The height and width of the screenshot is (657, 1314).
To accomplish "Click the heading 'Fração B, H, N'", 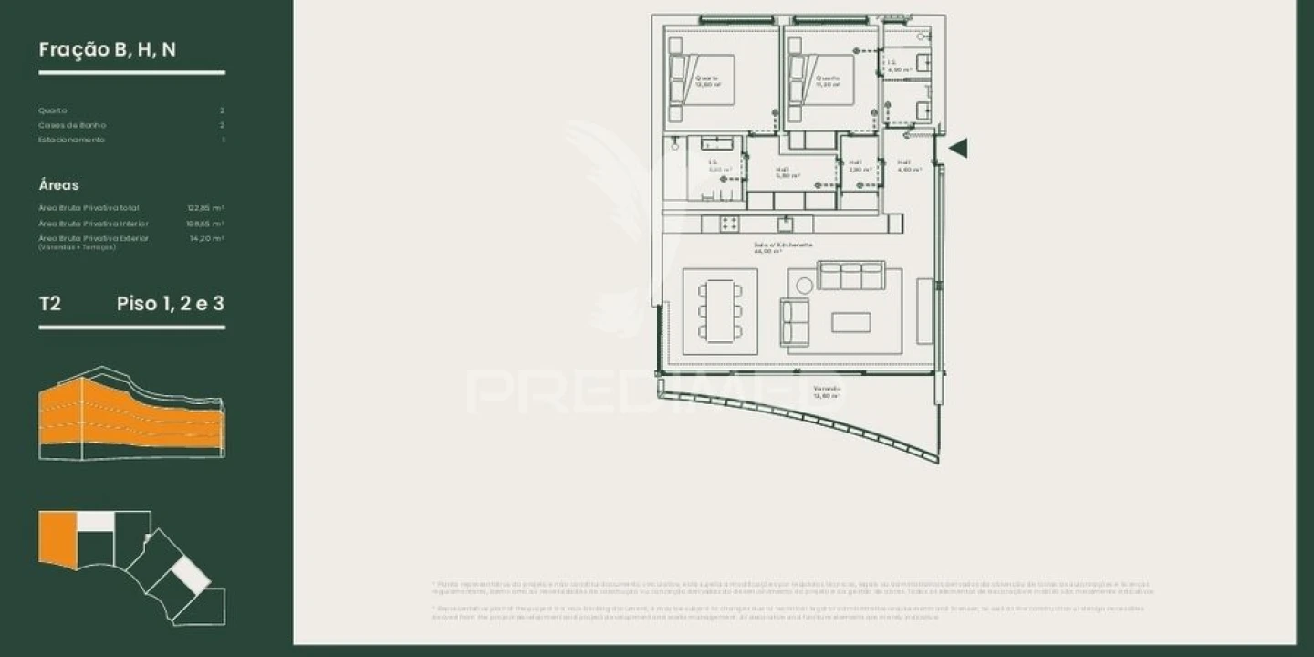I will (108, 50).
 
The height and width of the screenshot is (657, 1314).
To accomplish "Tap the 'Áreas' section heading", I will (59, 185).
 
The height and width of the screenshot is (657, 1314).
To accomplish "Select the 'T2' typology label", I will (50, 304).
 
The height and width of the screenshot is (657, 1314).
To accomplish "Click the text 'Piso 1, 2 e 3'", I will (171, 304).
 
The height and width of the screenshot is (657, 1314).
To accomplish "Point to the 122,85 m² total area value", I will (205, 208).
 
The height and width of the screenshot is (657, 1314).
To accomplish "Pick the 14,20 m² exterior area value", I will (206, 238).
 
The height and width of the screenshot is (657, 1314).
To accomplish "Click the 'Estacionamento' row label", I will (72, 140).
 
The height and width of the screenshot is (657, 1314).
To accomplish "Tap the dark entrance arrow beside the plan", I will (958, 148).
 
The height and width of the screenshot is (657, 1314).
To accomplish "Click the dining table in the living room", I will (721, 311).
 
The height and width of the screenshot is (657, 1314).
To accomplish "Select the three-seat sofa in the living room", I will (850, 276).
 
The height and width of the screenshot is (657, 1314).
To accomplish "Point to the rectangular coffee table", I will (850, 322).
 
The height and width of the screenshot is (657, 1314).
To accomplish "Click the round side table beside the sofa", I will (804, 286).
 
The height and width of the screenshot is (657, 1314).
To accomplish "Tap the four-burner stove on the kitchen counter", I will (729, 224).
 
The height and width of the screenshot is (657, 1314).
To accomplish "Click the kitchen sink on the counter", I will (785, 224).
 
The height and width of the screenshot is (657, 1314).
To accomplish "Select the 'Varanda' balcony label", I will (828, 389).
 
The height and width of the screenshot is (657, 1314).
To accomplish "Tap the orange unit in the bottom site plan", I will (57, 539).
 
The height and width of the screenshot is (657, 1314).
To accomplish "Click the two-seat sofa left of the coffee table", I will (794, 321).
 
